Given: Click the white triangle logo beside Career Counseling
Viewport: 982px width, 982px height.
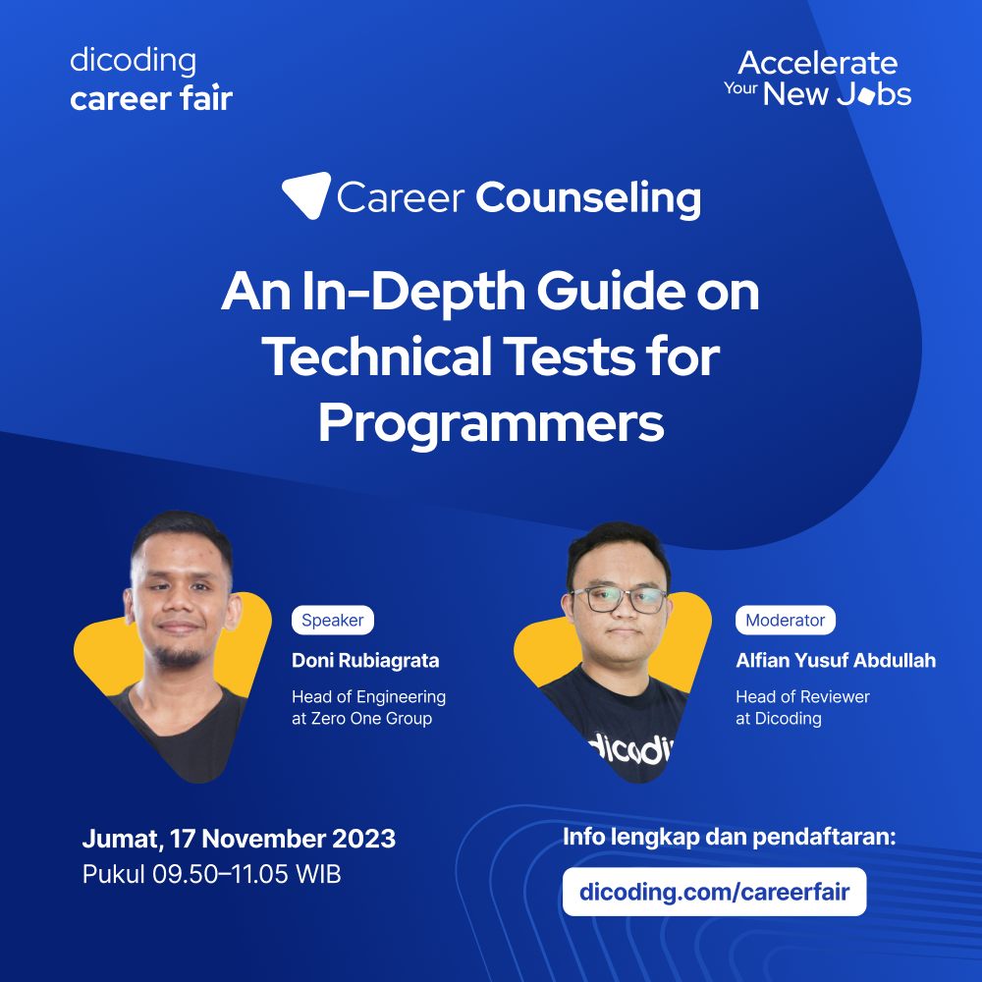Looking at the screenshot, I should (304, 194).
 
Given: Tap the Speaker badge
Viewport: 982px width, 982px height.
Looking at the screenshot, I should (332, 621).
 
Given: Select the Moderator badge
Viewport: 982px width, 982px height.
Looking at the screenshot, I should (785, 621).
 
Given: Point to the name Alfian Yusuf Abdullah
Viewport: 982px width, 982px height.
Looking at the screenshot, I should (836, 660).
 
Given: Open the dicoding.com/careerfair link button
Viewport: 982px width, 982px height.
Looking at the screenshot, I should (714, 893).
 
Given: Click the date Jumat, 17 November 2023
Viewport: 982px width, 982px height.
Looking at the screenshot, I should (239, 840).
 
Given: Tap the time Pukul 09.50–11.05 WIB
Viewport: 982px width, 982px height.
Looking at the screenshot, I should (211, 874).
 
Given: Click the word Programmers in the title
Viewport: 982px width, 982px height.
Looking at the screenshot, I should (491, 424).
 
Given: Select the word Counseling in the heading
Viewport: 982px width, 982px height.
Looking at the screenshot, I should (588, 197).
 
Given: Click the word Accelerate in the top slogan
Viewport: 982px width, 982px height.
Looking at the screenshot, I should (817, 64).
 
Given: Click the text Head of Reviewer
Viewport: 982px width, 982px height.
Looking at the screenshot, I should (802, 696).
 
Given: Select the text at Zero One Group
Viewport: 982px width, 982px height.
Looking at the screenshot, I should (361, 719).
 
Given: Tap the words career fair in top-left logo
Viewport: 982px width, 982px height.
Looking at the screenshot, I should (151, 98).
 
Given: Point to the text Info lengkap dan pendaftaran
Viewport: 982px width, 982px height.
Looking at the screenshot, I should (729, 838).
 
